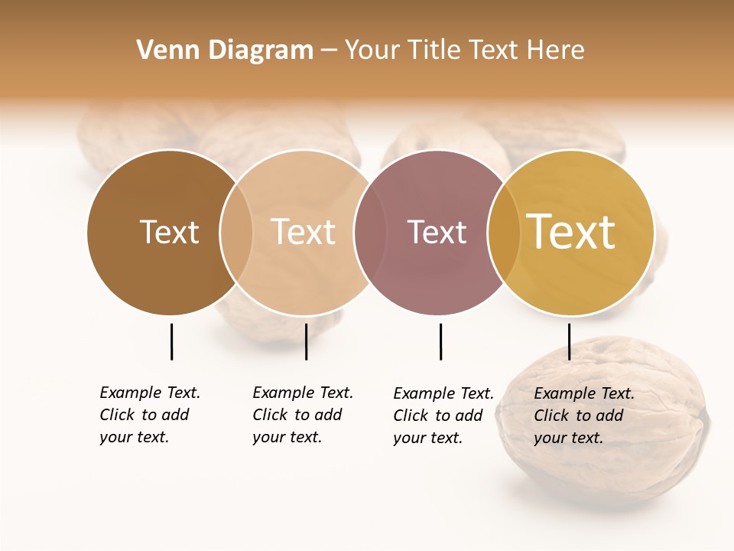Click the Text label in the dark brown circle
tap(169, 232)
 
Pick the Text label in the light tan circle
tap(304, 232)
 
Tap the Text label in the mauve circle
tap(437, 232)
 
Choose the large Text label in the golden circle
tap(571, 232)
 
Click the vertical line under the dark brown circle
tap(171, 341)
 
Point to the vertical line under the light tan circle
tap(306, 341)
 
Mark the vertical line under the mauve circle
tap(440, 341)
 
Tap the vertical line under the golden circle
tap(569, 341)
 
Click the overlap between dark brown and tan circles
tap(236, 232)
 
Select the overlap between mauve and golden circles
tap(504, 232)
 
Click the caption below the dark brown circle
tap(150, 415)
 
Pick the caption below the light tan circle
tap(303, 415)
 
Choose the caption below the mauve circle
tap(443, 416)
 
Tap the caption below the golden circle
tap(584, 416)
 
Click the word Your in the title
tap(372, 51)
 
